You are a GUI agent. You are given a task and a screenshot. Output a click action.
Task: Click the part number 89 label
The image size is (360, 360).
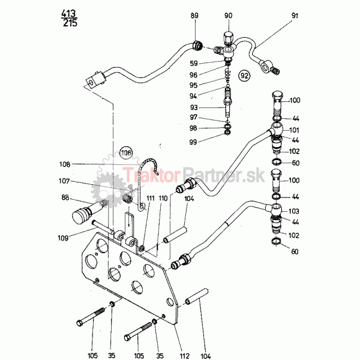click(193, 15)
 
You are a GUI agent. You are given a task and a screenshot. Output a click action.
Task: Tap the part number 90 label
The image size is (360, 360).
click(228, 15)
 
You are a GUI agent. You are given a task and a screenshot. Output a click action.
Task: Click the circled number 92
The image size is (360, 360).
click(244, 76)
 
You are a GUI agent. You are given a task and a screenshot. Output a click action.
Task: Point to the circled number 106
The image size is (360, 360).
click(125, 153)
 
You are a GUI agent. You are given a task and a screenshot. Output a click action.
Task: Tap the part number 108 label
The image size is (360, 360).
click(82, 164)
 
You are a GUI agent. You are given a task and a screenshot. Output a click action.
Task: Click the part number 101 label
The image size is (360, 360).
click(295, 129)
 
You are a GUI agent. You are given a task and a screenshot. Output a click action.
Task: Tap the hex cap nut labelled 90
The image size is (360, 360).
click(229, 37)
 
